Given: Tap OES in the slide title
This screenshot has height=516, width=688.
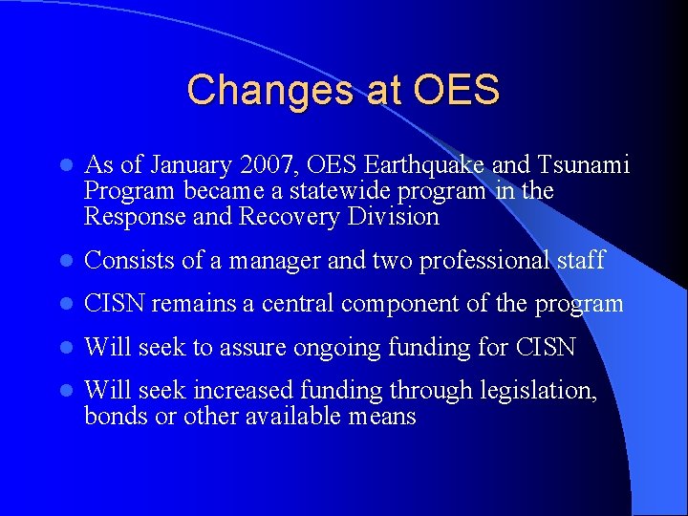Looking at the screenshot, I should (x=457, y=91).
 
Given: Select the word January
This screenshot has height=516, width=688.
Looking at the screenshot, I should (x=182, y=166).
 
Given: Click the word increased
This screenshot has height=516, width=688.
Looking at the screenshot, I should (x=245, y=391).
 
